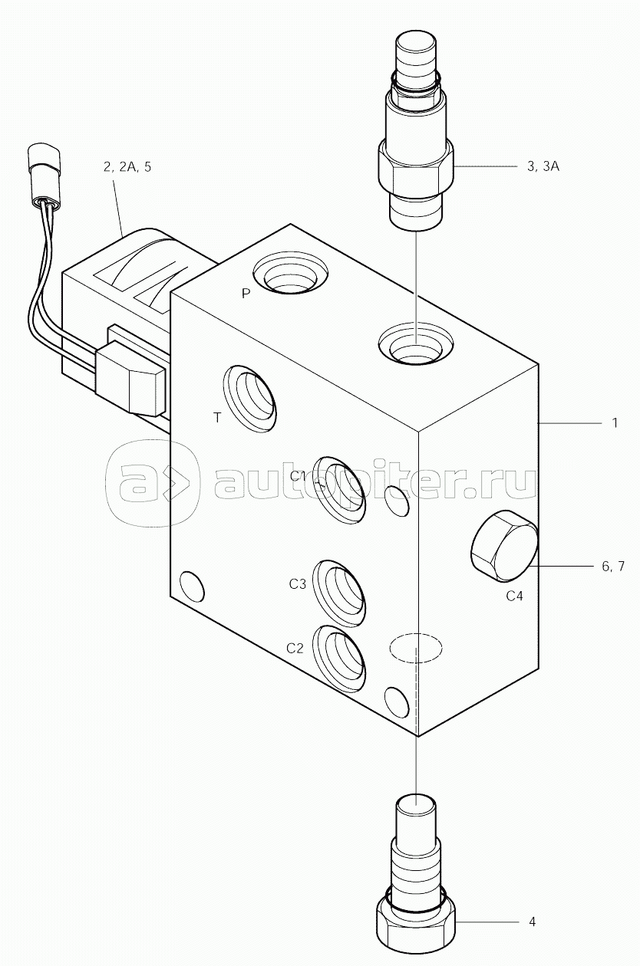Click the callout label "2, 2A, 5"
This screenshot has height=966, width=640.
127,167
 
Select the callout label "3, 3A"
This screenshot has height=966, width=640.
543,166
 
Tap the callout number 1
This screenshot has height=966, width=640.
615,422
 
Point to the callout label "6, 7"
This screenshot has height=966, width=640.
613,567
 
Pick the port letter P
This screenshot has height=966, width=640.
246,294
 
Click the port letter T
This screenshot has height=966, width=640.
217,417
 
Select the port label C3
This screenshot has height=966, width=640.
297,584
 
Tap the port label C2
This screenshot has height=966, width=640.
295,649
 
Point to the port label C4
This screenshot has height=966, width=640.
514,596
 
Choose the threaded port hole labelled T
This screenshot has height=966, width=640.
250,399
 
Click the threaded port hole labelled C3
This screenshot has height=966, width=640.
339,594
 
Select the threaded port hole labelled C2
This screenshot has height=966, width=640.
339,659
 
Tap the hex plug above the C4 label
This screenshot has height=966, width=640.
504,546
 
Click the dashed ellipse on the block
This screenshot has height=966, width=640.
416,647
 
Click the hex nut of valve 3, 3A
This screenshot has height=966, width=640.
416,169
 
